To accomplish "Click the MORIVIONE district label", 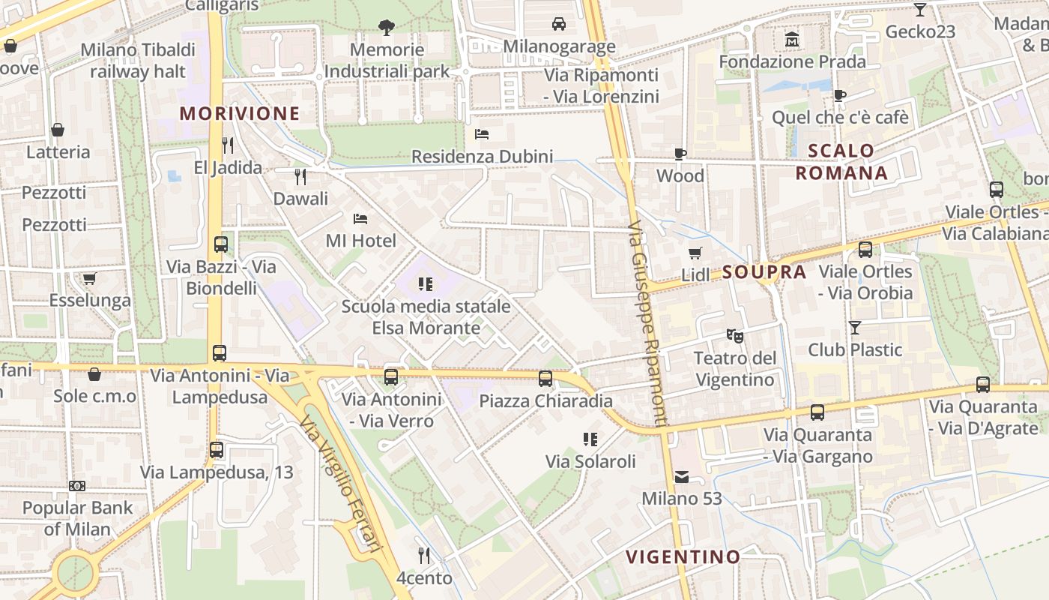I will click(x=240, y=114).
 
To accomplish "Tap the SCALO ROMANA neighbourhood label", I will click(x=841, y=162).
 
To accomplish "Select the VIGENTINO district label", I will click(x=683, y=556).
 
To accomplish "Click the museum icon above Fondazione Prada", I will click(x=792, y=38).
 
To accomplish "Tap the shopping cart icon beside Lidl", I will click(x=695, y=253).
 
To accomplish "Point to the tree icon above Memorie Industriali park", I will click(x=387, y=28).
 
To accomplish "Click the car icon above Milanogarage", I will click(x=559, y=24).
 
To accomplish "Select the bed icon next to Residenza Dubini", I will click(x=482, y=134).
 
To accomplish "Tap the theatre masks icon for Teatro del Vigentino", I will click(x=735, y=335).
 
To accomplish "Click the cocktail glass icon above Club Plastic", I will click(x=854, y=327).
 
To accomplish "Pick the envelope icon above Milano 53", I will click(x=682, y=476).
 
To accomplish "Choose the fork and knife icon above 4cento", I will click(x=424, y=556).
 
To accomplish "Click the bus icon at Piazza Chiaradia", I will click(x=545, y=378).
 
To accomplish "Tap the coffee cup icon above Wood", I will click(x=680, y=154).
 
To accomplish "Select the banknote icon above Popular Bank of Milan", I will click(x=77, y=486).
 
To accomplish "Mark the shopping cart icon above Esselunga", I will click(x=90, y=279).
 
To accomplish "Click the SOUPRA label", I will click(x=764, y=272).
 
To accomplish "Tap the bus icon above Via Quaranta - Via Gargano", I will click(x=817, y=412).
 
